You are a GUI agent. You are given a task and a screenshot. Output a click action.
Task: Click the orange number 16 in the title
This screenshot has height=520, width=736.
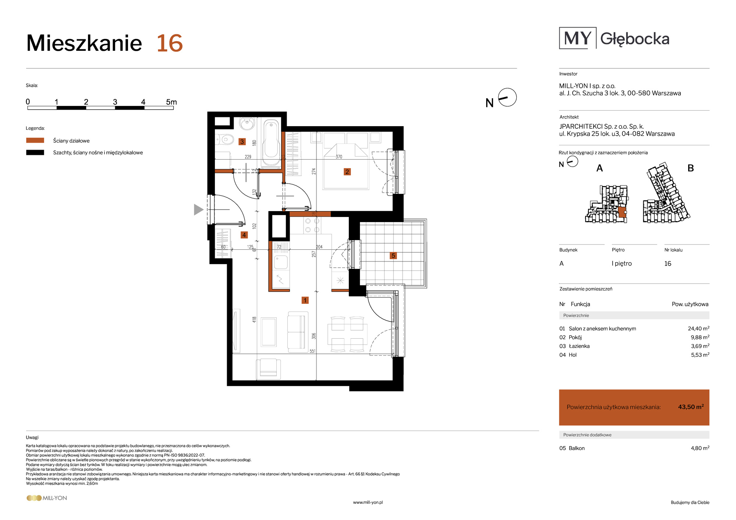pyautogui.click(x=170, y=43)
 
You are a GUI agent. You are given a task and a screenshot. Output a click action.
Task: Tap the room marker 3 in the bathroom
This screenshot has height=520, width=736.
pyautogui.click(x=242, y=142)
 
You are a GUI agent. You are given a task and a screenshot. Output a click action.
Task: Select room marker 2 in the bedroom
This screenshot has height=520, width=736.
pyautogui.click(x=347, y=172)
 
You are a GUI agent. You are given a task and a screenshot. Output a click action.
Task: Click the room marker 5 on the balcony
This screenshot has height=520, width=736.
pyautogui.click(x=393, y=256)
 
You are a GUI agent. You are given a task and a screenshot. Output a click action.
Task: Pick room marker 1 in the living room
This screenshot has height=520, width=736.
pyautogui.click(x=305, y=300)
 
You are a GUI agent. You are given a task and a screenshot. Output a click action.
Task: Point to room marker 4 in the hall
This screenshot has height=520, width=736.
pyautogui.click(x=244, y=235)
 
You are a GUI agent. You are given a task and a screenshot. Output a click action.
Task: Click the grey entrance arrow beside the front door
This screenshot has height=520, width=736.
pyautogui.click(x=199, y=210)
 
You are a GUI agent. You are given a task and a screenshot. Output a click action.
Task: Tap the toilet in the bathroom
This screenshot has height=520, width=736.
pyautogui.click(x=225, y=140)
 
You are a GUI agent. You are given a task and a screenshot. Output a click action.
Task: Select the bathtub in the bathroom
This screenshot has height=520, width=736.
pyautogui.click(x=272, y=143)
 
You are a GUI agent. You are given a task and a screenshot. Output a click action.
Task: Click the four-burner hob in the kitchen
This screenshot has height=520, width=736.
pyautogui.click(x=312, y=225)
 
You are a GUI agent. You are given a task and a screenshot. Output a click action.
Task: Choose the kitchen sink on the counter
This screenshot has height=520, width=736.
pyautogui.click(x=281, y=262)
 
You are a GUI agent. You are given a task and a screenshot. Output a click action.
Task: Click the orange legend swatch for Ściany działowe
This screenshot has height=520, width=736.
pyautogui.click(x=35, y=140)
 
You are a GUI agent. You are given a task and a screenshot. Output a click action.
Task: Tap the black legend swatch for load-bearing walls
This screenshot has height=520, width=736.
pyautogui.click(x=35, y=152)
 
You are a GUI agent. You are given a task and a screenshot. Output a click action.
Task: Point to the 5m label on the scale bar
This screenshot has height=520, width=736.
pyautogui.click(x=171, y=102)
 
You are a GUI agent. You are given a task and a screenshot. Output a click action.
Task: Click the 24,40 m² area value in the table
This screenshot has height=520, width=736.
pyautogui.click(x=698, y=328)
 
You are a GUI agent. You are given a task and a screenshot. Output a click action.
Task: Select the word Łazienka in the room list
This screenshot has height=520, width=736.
pyautogui.click(x=579, y=346)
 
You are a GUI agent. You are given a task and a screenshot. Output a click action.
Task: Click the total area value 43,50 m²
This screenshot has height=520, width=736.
pyautogui.click(x=691, y=407)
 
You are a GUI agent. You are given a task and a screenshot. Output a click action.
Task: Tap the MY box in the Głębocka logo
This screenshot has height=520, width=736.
pyautogui.click(x=578, y=38)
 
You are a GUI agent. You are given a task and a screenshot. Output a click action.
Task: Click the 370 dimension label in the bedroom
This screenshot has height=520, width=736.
pyautogui.click(x=339, y=157)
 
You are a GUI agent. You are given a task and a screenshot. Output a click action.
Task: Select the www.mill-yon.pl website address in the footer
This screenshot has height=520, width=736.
pyautogui.click(x=368, y=502)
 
